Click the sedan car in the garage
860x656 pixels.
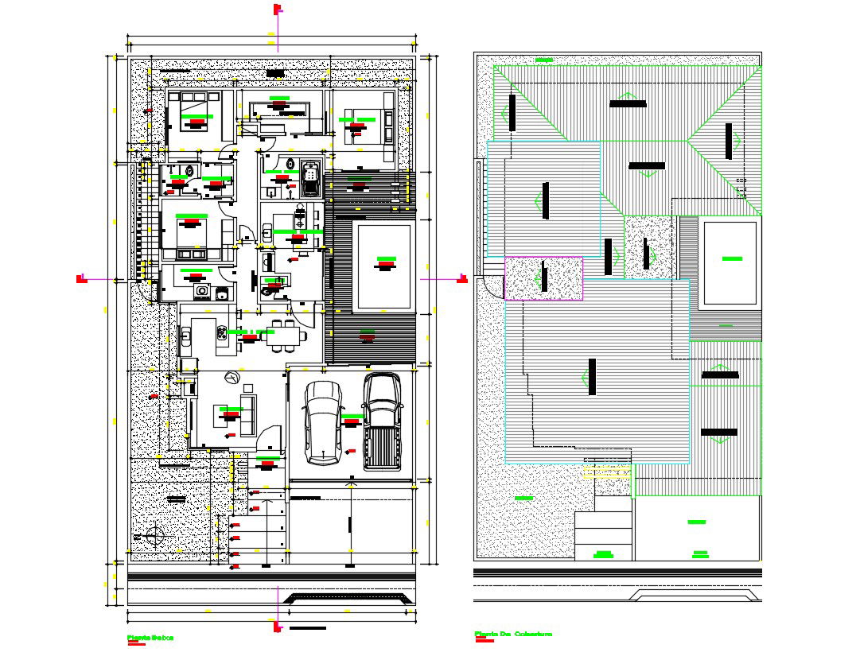(x=323, y=423)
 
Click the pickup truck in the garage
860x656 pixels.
(x=381, y=421)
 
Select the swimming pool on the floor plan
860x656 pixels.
(x=384, y=266)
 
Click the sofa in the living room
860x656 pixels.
(x=249, y=413)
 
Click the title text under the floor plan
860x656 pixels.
(x=150, y=638)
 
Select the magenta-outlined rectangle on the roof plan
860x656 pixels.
(x=544, y=278)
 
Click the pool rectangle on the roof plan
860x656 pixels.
(x=729, y=265)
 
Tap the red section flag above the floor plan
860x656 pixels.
(x=278, y=10)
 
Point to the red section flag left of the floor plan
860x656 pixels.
(x=81, y=278)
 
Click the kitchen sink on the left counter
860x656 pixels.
(x=185, y=336)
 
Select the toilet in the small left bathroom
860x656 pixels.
(x=189, y=170)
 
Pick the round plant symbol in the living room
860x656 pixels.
(x=232, y=378)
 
